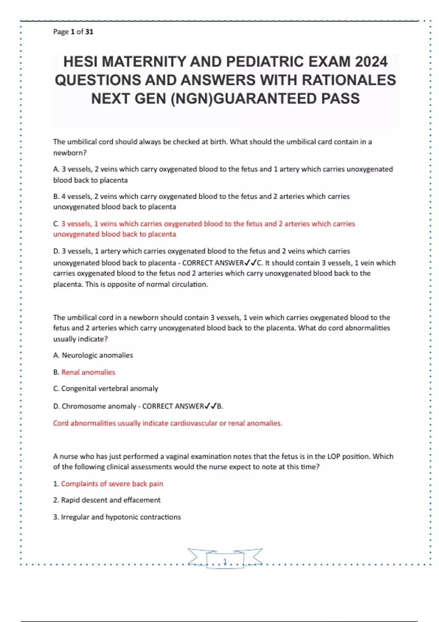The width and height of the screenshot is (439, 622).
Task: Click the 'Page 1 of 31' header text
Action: (73, 32)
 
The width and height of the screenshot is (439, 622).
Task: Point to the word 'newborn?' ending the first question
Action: (70, 153)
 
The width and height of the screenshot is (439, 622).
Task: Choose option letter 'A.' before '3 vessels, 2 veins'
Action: (56, 169)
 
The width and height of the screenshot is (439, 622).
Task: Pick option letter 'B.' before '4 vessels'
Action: (56, 196)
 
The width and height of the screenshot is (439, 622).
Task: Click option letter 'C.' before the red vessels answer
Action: (56, 224)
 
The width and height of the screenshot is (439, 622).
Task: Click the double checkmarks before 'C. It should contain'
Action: (251, 263)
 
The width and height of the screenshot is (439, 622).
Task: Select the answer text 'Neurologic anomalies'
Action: (97, 355)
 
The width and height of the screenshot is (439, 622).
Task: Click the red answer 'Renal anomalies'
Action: (88, 372)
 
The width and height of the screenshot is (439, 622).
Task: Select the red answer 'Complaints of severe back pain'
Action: (112, 484)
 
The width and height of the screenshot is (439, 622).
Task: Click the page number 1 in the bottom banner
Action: (225, 561)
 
